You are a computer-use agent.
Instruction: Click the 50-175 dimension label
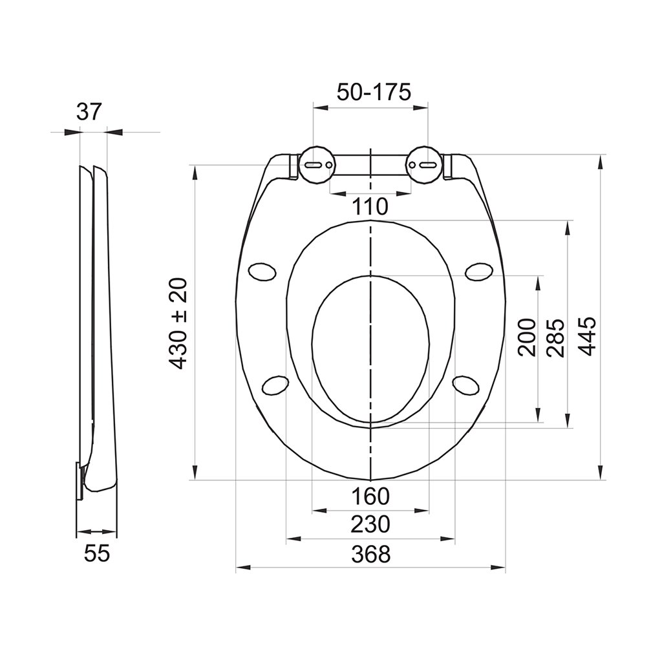coord(373,92)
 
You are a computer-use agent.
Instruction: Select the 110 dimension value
coord(370,206)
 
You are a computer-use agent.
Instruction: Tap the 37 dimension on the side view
coord(89,111)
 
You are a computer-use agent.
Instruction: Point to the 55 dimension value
coord(97,553)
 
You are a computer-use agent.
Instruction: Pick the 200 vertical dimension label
coord(527,337)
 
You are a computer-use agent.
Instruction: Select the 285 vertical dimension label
coord(555,337)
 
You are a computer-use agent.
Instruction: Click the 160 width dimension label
coord(370,496)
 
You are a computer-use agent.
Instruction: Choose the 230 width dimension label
coord(370,524)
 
